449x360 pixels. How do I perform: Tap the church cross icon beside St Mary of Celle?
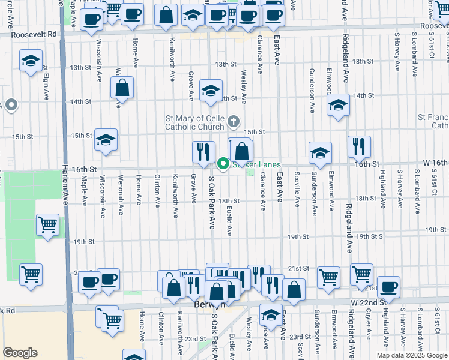pos(234,123)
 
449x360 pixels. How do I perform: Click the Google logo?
pos(20,353)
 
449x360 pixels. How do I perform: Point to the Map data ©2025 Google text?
pos(412,355)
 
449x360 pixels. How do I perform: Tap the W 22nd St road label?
pos(368,302)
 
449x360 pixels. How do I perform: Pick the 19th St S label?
pos(369,237)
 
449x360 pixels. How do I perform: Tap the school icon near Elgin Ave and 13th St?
pos(31,61)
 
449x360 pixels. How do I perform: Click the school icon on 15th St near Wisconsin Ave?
pos(106,140)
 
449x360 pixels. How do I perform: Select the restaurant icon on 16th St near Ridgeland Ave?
pos(359,146)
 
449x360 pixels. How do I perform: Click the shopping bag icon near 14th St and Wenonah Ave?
pos(122,88)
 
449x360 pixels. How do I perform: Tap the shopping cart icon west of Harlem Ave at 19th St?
pos(47,226)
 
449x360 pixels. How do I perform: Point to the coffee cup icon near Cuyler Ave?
pos(388,287)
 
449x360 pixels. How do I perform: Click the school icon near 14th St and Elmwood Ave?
pos(338,105)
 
